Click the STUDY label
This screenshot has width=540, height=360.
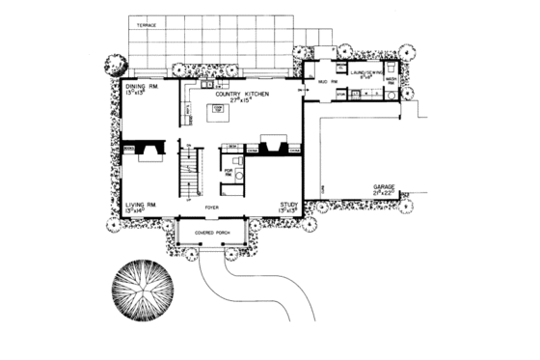click(287, 205)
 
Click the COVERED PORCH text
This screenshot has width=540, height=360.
click(211, 233)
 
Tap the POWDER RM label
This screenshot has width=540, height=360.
click(229, 172)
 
